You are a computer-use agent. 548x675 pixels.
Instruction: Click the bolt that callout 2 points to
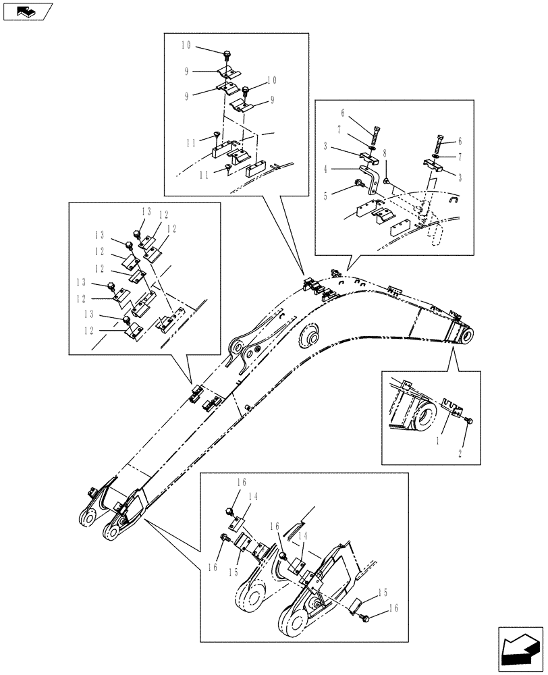470,421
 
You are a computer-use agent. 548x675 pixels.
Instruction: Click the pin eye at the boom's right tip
465,335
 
